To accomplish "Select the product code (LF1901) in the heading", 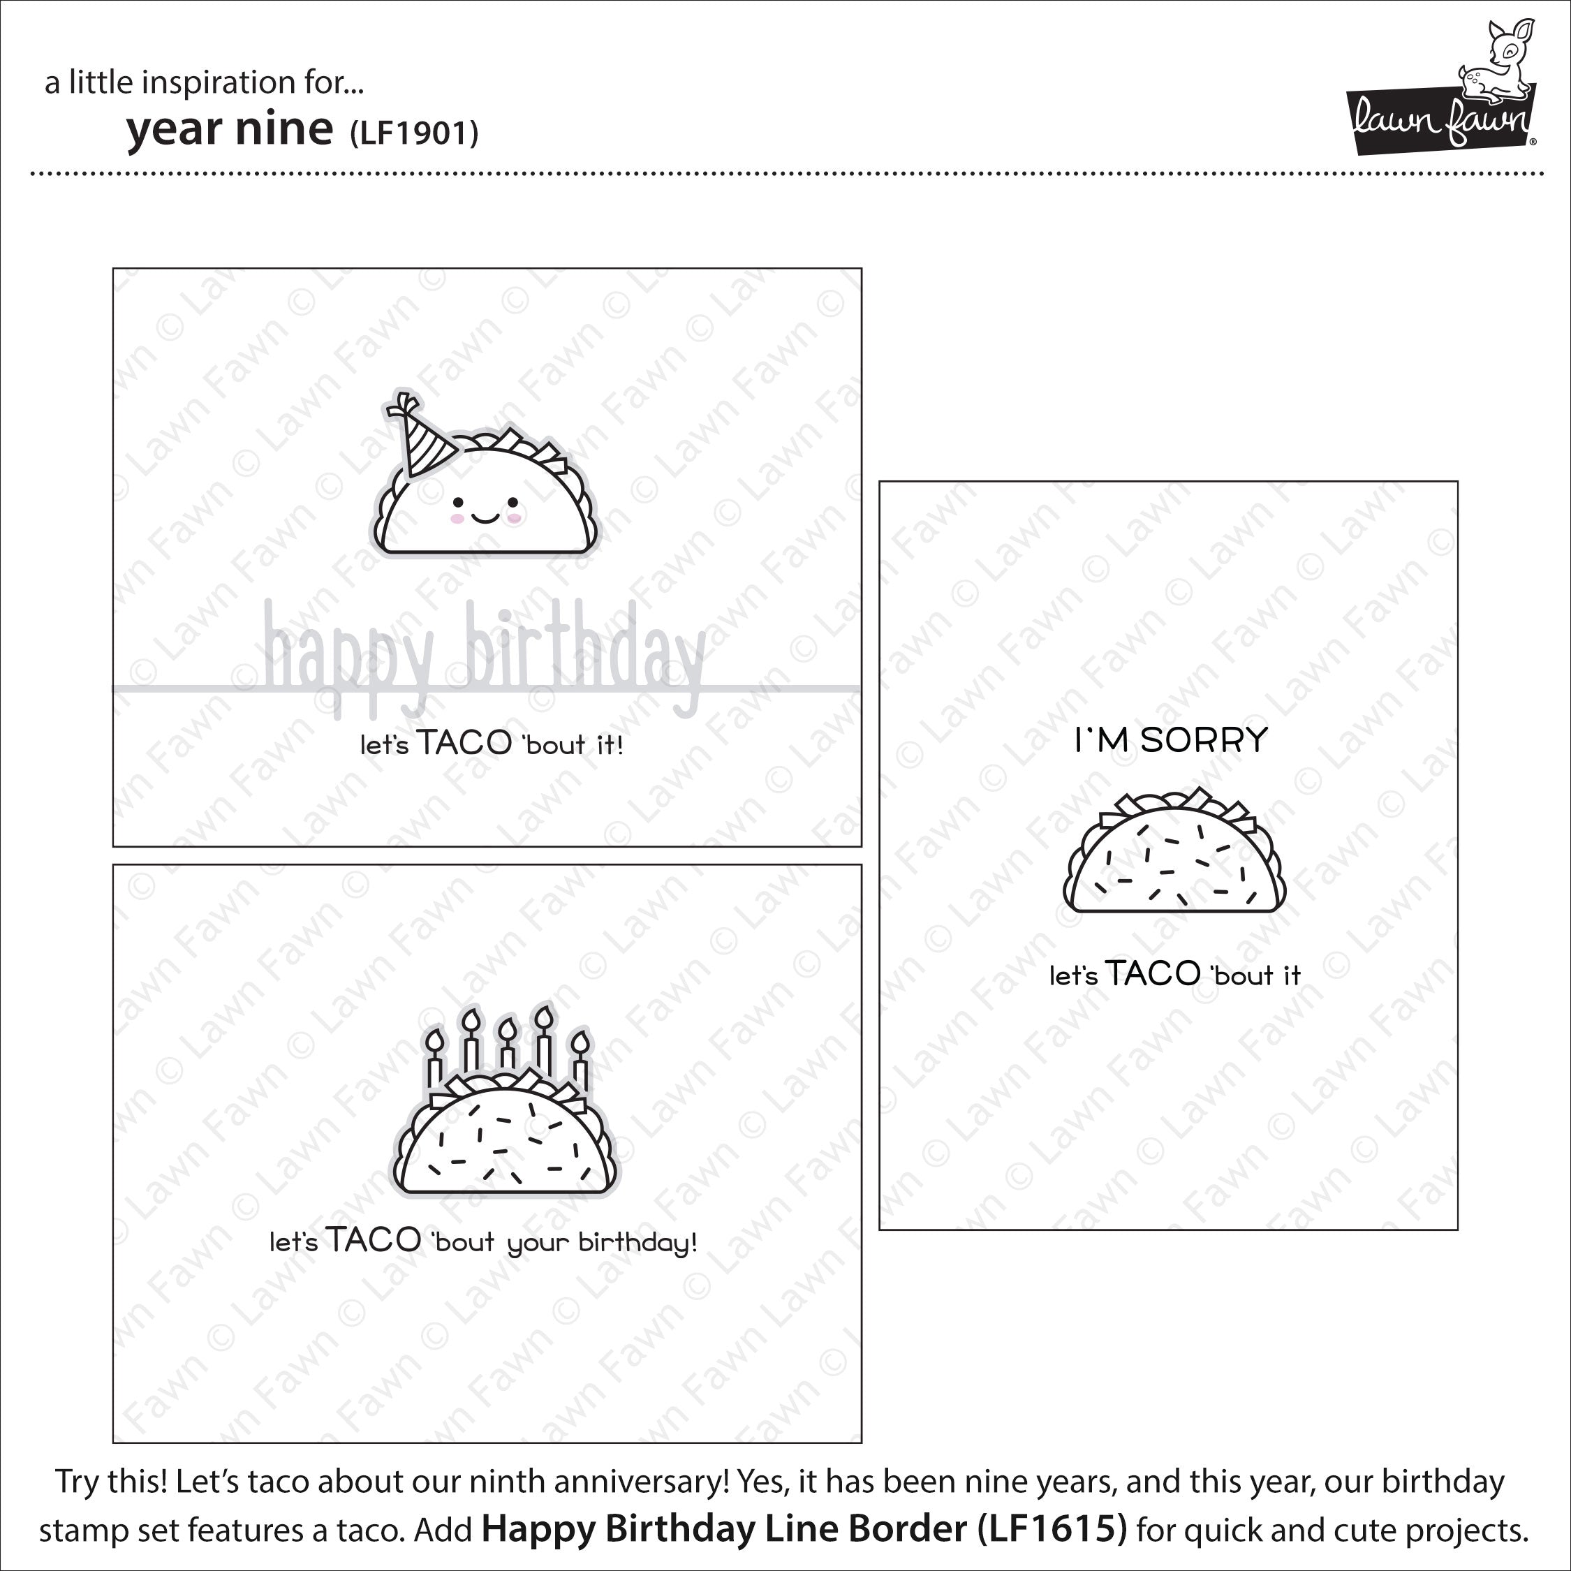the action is (414, 133).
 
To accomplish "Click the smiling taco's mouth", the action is (485, 517).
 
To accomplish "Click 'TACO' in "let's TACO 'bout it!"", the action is (464, 743).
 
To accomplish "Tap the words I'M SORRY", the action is (1171, 740).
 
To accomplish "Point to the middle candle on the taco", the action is (508, 1043).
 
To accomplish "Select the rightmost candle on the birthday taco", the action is (580, 1059).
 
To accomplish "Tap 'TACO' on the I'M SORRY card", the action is (1152, 973).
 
